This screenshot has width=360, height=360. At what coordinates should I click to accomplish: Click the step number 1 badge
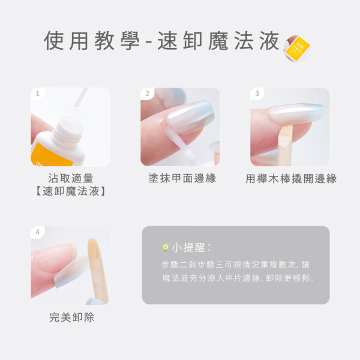(x=37, y=94)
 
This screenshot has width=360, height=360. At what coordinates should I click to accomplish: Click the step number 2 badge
(x=147, y=94)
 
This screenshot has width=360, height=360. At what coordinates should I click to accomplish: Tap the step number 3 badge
(x=257, y=94)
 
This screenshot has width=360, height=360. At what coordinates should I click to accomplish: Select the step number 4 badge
(x=37, y=232)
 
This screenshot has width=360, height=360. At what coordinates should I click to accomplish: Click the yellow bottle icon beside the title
(x=296, y=48)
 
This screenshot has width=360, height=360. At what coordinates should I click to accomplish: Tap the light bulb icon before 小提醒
(x=166, y=247)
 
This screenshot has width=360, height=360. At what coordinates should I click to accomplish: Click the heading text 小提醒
(x=188, y=247)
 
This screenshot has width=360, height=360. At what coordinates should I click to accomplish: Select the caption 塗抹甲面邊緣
(x=182, y=178)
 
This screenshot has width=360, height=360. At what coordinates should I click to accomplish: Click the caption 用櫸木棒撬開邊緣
(x=291, y=179)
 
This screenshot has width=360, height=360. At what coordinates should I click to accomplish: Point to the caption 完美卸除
(x=71, y=317)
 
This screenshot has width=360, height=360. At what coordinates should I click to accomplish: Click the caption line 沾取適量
(x=71, y=178)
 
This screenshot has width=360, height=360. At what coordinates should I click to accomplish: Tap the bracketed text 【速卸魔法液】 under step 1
(x=71, y=191)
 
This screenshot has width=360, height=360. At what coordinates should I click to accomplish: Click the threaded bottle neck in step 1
(x=68, y=130)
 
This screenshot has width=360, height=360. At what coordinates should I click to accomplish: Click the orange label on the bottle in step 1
(x=51, y=155)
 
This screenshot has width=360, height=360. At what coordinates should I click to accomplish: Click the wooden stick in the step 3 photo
(x=286, y=145)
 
